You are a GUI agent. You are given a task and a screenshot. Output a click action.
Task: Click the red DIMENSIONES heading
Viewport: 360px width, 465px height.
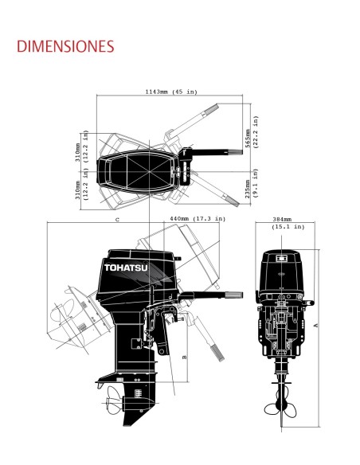click(65, 46)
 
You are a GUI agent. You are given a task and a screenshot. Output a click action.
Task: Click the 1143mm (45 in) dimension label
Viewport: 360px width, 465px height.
click(171, 92)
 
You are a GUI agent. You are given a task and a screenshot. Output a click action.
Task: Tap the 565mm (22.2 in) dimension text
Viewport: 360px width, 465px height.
click(252, 132)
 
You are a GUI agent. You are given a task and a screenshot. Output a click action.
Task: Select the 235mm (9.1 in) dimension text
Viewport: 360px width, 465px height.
click(252, 183)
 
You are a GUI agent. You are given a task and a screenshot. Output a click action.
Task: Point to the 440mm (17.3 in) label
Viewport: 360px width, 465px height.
click(198, 219)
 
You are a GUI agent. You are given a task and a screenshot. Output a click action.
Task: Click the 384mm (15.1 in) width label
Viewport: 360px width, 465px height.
click(288, 223)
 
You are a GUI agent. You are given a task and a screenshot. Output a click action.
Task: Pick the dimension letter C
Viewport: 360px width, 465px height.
click(117, 220)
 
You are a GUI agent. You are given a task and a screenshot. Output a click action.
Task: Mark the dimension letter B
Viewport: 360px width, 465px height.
click(185, 357)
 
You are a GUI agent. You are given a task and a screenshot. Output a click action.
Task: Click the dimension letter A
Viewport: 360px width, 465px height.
click(316, 326)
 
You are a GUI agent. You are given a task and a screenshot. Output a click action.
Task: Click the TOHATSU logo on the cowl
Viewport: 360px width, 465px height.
click(126, 268)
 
